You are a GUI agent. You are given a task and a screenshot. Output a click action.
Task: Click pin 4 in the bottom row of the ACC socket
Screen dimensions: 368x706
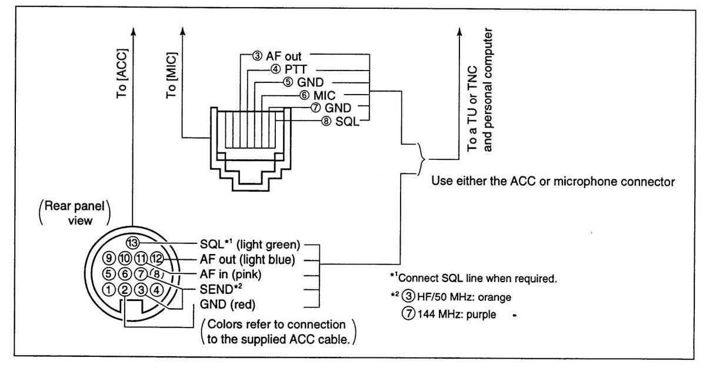point(156,289)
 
